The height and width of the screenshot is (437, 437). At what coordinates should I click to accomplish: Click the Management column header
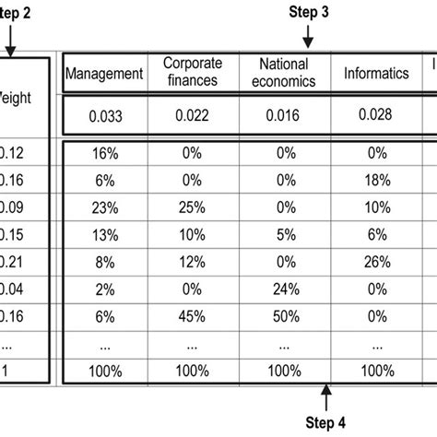point(104,74)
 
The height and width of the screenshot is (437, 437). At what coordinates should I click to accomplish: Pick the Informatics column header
point(376,74)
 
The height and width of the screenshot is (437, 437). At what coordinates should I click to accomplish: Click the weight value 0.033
point(104,116)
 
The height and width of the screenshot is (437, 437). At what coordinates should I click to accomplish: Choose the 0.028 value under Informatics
point(376,115)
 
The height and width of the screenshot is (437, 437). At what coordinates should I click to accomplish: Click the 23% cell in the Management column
point(104,205)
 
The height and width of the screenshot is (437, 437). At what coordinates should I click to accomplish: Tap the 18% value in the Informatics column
point(376,180)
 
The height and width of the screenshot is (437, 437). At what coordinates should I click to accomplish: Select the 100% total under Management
point(104,371)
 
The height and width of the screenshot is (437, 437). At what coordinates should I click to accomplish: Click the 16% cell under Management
point(104,152)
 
